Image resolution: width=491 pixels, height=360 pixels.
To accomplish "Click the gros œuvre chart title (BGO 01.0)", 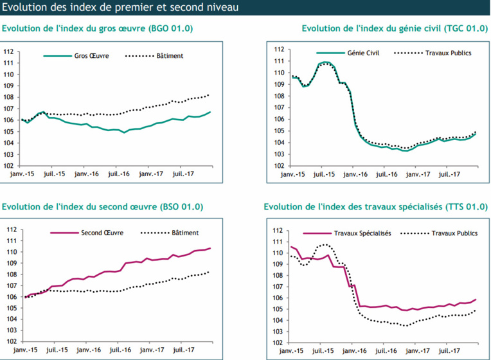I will click(x=98, y=28).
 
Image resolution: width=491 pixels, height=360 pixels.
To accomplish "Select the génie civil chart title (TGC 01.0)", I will click(x=395, y=28).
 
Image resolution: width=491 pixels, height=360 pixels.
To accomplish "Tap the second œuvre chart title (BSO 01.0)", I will click(x=103, y=207).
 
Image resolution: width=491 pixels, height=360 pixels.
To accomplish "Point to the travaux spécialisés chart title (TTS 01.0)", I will click(x=376, y=207).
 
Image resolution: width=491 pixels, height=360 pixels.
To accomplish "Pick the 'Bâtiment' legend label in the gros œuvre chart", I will click(x=170, y=56).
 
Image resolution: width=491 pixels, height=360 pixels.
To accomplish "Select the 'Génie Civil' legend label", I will click(x=364, y=53).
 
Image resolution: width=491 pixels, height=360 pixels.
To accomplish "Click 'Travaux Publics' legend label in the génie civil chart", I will click(x=448, y=53).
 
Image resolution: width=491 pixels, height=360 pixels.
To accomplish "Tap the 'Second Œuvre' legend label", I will click(x=102, y=233).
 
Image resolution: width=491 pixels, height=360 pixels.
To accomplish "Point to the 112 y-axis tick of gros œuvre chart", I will click(x=8, y=51).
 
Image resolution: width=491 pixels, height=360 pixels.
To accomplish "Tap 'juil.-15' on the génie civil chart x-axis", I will click(x=324, y=174).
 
